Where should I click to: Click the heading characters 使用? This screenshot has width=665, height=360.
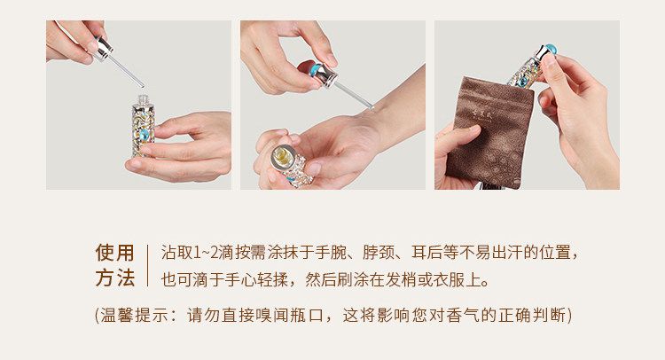click(x=115, y=253)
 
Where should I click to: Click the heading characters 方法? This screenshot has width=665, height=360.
click(x=115, y=278)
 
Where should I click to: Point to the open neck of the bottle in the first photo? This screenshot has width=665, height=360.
click(x=144, y=100)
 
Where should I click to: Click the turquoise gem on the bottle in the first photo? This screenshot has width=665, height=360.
click(x=144, y=135)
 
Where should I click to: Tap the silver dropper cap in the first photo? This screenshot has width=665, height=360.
click(x=104, y=49)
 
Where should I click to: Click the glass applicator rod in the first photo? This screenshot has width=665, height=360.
click(x=127, y=71)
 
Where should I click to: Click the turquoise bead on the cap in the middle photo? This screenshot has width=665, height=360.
click(x=315, y=69)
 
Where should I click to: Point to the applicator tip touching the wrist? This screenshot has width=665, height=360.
click(x=372, y=107)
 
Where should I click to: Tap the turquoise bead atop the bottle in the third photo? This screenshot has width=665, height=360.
click(x=551, y=50)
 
